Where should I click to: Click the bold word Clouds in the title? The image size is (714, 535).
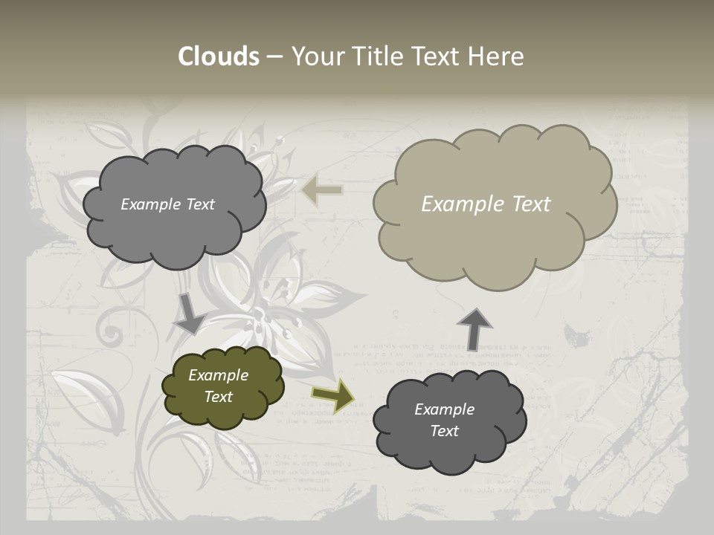point(219,56)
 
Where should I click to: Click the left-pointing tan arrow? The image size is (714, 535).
point(321,191)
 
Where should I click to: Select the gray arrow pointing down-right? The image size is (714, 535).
point(189,314)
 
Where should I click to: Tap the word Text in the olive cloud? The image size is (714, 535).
point(219,397)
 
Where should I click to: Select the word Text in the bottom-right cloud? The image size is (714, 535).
point(445,431)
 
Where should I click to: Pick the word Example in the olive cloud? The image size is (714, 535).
point(219,375)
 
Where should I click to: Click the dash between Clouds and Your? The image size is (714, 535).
point(274,56)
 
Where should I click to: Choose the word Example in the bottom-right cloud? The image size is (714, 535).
point(445,409)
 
